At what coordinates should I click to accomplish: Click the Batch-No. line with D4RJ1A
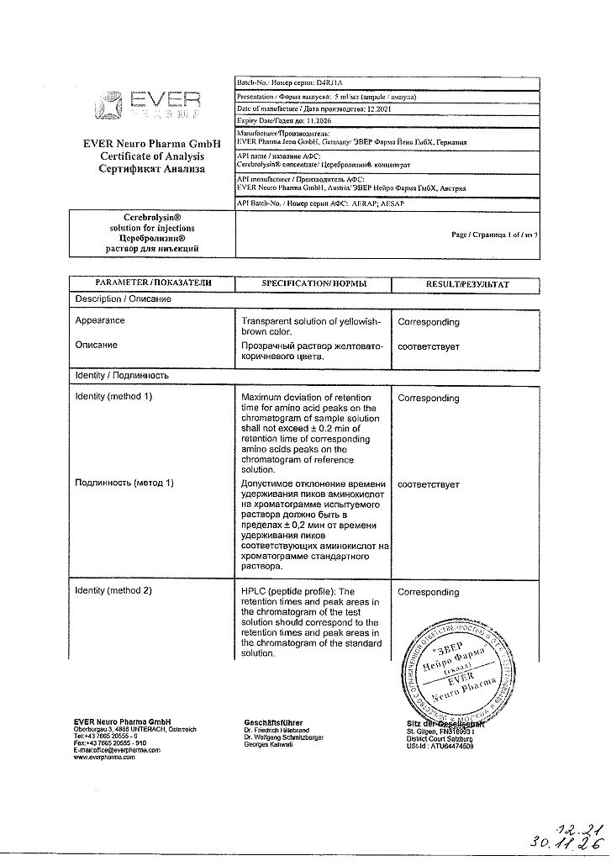click(x=290, y=83)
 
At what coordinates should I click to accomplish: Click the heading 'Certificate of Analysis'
click(x=152, y=156)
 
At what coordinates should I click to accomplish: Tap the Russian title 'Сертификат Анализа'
click(x=152, y=169)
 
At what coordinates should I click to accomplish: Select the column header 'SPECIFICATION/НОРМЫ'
click(x=313, y=284)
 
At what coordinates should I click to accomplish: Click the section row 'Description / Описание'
click(x=124, y=298)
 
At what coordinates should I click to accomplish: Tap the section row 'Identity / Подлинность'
click(x=122, y=375)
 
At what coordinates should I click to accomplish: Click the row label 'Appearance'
click(x=100, y=320)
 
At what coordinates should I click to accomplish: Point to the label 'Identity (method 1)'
click(x=113, y=396)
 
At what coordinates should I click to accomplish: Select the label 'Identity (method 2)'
click(x=113, y=591)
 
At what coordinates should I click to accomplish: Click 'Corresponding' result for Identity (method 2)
click(x=429, y=592)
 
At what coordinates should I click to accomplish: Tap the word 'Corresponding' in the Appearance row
click(x=429, y=322)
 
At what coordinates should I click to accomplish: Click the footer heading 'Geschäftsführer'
click(x=273, y=722)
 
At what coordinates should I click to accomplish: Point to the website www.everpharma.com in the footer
click(x=104, y=758)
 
